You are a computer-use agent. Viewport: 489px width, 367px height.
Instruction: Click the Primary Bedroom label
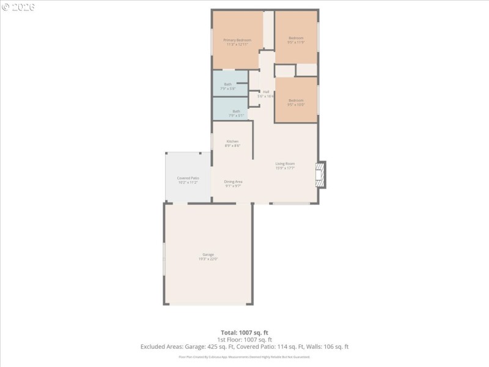tap(237, 40)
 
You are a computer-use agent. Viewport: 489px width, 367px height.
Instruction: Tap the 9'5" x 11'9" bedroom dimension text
tap(296, 43)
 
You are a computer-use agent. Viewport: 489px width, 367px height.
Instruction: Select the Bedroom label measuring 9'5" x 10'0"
tap(296, 105)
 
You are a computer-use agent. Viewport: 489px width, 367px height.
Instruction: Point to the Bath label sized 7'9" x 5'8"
tap(228, 89)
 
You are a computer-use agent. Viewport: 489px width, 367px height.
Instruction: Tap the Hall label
tap(266, 92)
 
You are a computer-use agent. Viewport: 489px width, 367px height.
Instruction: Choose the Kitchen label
tap(232, 141)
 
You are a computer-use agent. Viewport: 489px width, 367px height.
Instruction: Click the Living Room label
tap(285, 163)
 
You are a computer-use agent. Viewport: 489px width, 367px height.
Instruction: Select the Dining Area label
tap(233, 182)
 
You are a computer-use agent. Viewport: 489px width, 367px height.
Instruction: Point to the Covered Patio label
tap(188, 178)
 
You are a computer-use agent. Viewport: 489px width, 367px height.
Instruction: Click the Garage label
tap(208, 254)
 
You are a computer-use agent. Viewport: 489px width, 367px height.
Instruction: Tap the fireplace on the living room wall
tap(320, 175)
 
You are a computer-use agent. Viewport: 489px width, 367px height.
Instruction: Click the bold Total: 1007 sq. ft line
tap(244, 333)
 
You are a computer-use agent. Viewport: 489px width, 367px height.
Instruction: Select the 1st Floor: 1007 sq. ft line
tap(244, 339)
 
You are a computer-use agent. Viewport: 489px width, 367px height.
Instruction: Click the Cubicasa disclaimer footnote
tap(244, 357)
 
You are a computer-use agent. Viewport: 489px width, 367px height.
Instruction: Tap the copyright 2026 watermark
tap(18, 7)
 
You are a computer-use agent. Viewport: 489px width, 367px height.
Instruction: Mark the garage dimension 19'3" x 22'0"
tap(208, 259)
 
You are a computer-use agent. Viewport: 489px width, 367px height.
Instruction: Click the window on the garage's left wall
tap(164, 259)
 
